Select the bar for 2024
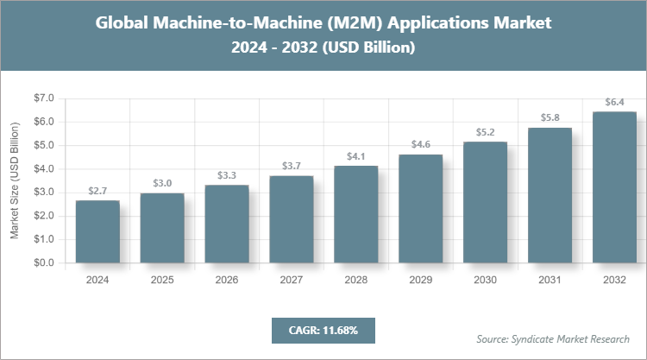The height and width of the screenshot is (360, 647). [97, 231]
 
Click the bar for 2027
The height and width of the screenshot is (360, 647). [292, 219]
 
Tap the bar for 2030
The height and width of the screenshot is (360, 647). [486, 202]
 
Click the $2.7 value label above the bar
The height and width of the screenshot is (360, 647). [97, 190]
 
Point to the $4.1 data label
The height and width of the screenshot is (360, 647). [356, 156]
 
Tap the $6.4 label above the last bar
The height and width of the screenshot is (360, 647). [615, 103]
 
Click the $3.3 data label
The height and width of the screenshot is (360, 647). [227, 175]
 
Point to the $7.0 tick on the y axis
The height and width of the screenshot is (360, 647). [43, 98]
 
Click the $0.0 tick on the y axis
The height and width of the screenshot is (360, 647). [43, 262]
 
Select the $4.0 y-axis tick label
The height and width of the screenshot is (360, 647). [43, 169]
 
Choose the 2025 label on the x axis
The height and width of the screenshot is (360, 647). [162, 280]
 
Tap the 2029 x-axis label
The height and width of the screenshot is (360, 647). [421, 280]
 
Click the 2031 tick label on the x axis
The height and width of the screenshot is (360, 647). [550, 280]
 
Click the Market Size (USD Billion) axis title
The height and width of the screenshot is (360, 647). [15, 180]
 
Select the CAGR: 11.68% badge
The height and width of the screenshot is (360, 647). [323, 330]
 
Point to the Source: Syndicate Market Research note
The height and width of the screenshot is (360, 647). [553, 338]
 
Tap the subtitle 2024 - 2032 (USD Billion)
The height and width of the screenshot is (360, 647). [323, 49]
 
